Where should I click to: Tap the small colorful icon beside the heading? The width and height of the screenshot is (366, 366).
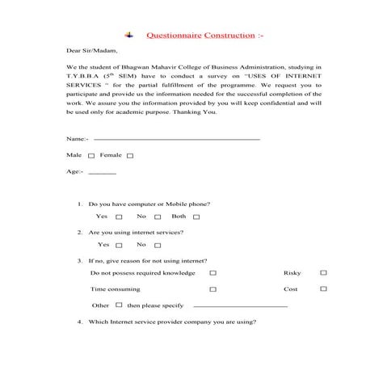128,36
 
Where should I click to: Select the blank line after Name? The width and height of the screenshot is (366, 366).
177,140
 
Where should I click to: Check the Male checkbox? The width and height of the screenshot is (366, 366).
91,155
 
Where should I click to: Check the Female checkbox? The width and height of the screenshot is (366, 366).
130,155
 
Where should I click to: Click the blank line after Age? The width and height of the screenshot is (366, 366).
102,174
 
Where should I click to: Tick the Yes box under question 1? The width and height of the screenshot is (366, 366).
119,217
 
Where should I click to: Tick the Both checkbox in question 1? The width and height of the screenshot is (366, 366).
196,217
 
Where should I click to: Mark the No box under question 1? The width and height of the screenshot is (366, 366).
158,217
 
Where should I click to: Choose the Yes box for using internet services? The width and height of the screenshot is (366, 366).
120,246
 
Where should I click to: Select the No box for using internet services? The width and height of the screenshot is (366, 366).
158,246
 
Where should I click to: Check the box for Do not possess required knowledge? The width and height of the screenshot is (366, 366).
212,274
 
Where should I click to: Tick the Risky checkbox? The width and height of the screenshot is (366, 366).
323,274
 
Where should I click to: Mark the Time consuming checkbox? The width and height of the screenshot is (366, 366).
212,289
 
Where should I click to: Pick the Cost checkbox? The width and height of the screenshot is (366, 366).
323,289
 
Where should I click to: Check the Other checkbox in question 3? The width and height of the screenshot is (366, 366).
120,305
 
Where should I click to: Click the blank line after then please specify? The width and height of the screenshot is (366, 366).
241,307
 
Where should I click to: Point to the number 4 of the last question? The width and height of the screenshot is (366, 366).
79,322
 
